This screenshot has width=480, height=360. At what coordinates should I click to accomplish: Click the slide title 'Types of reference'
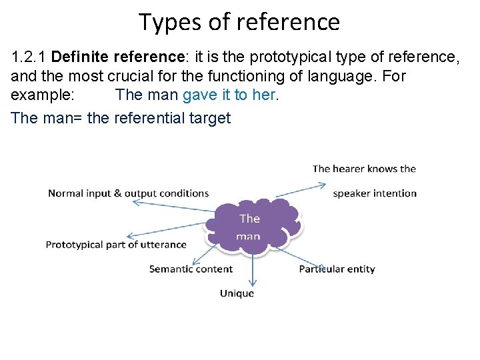(x=239, y=22)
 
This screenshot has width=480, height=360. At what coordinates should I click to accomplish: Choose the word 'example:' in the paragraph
(x=43, y=95)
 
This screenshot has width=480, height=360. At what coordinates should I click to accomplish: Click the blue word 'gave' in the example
(x=199, y=95)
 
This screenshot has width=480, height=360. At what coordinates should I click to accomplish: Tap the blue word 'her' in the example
(x=263, y=95)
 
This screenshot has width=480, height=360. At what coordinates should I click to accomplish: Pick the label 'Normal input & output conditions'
(x=128, y=193)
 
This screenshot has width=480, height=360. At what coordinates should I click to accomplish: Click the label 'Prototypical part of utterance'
(x=116, y=245)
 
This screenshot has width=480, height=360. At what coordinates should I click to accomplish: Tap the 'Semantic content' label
(x=191, y=269)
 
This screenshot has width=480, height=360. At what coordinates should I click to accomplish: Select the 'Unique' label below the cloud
(x=237, y=293)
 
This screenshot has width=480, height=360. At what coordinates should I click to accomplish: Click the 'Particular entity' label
(x=337, y=269)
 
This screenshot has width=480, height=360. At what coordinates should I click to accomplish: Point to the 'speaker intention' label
(x=375, y=193)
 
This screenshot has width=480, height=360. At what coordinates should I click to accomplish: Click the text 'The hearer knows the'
(x=364, y=169)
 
